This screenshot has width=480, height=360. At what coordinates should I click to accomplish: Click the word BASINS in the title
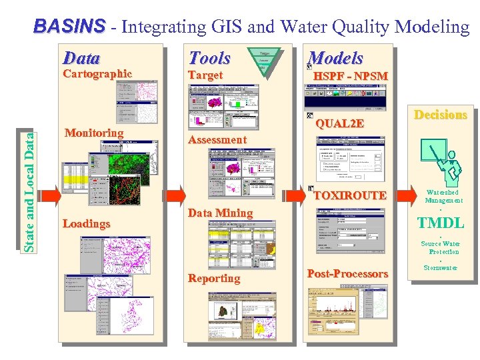pos(69,27)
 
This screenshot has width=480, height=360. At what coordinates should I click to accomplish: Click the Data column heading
pos(81,58)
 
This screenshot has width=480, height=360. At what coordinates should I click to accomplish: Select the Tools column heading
pos(209,58)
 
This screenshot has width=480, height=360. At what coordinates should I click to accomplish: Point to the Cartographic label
pos(97,73)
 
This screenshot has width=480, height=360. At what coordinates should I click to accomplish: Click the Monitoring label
pos(94,133)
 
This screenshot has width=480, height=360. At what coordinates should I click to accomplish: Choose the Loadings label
pos(86,223)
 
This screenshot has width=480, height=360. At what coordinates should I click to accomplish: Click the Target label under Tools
pos(205,75)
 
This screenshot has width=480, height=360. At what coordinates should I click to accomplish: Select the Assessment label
pos(217,139)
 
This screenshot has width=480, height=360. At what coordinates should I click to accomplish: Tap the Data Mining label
pos(221,213)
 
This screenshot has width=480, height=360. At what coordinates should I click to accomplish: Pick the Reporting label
pos(214,278)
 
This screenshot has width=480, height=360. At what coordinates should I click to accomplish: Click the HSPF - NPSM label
pos(350,76)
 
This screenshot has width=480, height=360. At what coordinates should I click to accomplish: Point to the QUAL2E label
pos(340,123)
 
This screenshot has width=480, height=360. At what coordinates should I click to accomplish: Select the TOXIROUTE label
pos(350,195)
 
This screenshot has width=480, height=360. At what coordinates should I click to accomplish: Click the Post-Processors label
pos(347,273)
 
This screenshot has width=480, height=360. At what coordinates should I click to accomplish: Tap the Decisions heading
pos(441,115)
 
